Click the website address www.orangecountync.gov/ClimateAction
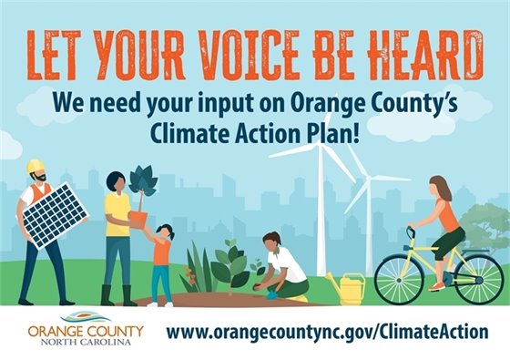tap(328, 332)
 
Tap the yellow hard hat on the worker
tap(36, 167)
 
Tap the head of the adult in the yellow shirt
tap(116, 181)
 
